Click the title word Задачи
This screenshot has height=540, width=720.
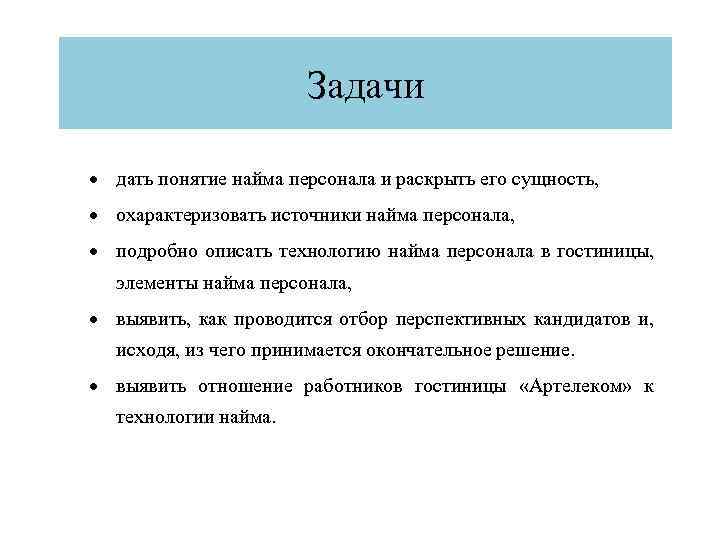click(365, 85)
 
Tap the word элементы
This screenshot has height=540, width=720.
click(155, 284)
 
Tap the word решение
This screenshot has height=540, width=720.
click(540, 352)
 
